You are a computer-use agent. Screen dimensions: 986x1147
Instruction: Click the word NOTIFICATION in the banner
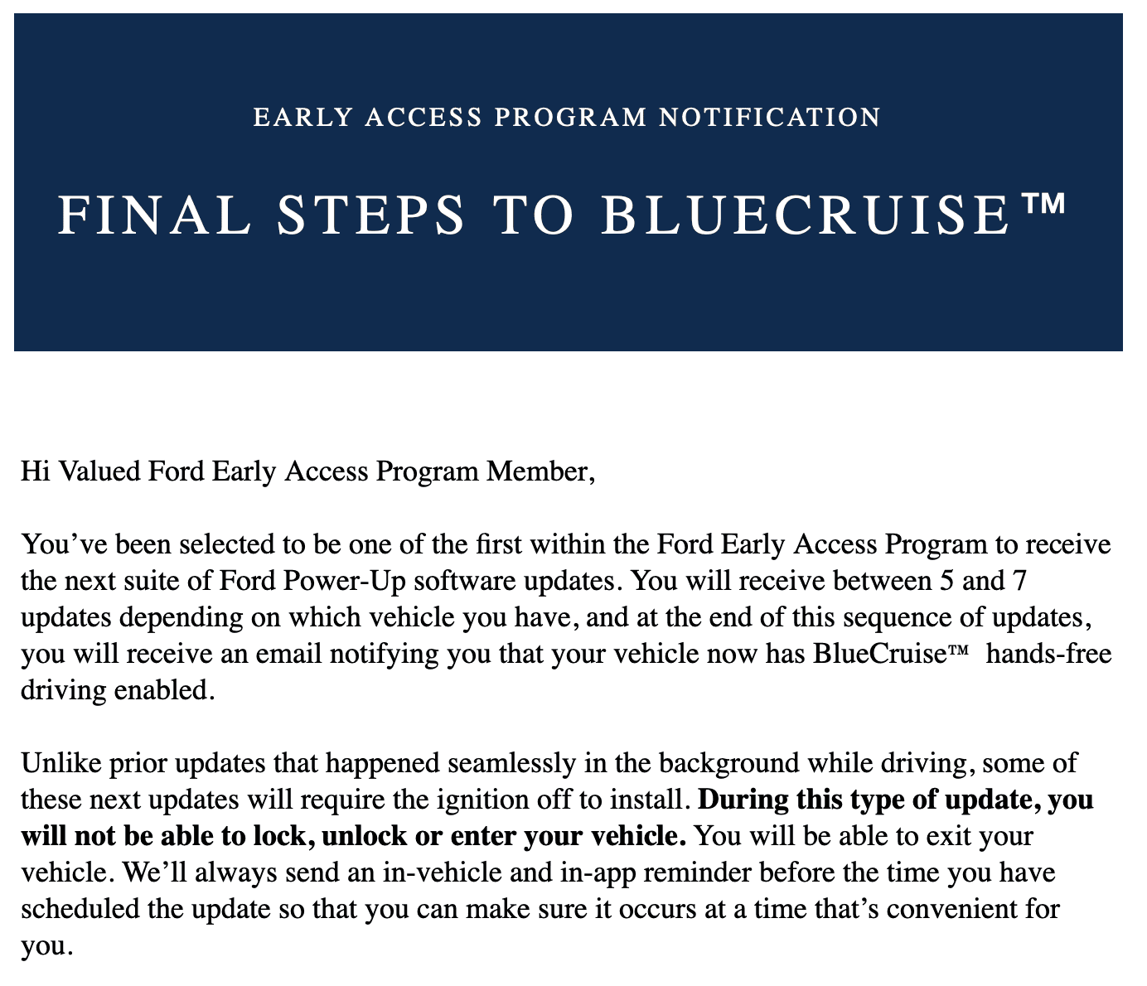(769, 118)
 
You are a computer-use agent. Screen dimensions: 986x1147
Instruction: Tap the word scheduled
(80, 909)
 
